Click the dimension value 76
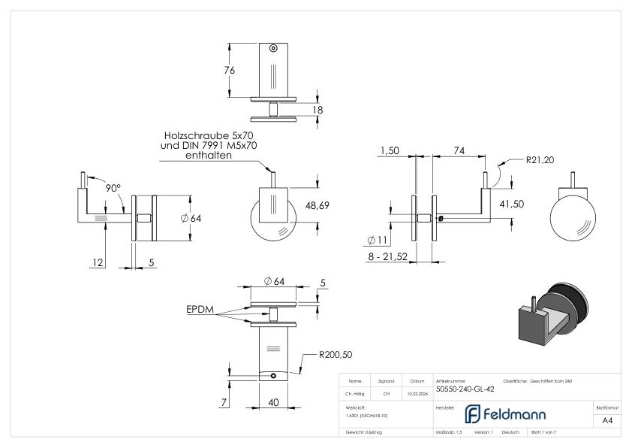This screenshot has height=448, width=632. coord(230,70)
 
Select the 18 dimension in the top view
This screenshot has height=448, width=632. coord(317,110)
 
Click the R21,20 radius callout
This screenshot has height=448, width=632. coord(540,159)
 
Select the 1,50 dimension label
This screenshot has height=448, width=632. coord(390,150)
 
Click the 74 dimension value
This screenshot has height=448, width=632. coord(458,150)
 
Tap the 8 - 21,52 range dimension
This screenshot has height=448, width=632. coord(394,257)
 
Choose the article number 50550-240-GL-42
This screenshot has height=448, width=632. coord(465,389)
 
